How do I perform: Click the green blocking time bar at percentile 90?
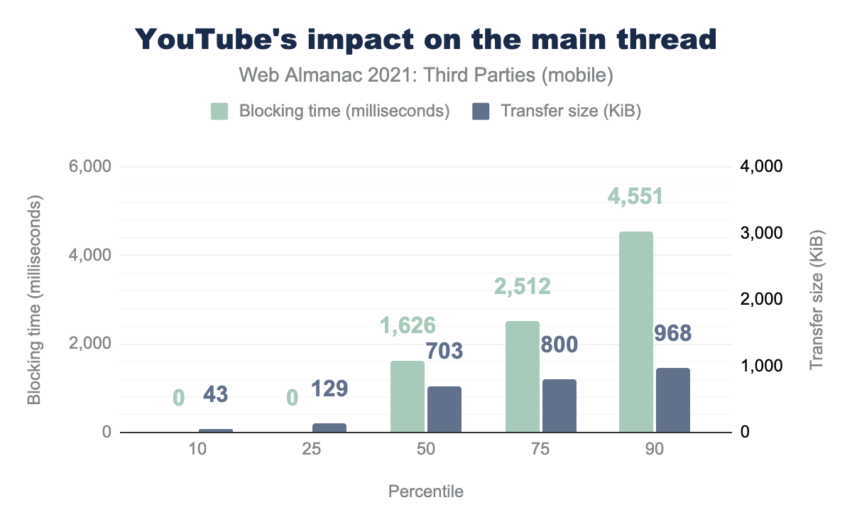coord(635,332)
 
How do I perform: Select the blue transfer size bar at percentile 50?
coord(444,409)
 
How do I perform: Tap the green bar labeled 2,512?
coord(523,376)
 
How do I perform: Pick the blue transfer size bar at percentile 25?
coord(329,428)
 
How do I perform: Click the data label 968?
coord(672,333)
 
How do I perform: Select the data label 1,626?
coord(407,325)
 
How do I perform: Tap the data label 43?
coord(216,394)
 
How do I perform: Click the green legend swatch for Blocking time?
coord(219,112)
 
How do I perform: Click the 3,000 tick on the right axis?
coord(762,234)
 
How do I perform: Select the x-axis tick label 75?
coord(540,450)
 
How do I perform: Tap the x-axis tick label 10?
coord(197,450)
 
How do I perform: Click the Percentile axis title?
coord(426,491)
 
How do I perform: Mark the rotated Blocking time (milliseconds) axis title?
coord(34,300)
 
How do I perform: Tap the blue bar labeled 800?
coord(559,406)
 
